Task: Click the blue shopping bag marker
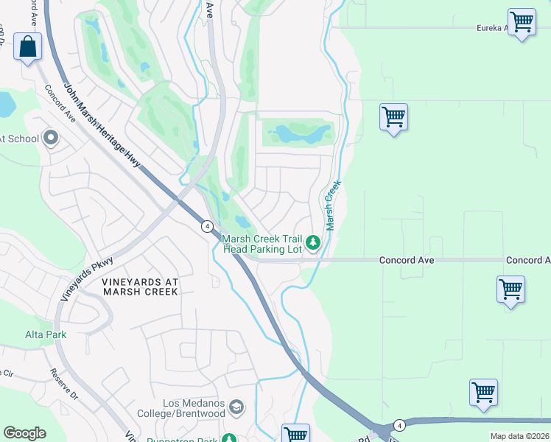click(27, 47)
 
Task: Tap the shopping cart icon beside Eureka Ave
click(522, 22)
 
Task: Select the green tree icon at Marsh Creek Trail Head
click(313, 242)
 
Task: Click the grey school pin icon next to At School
click(51, 138)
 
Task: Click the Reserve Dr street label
click(64, 384)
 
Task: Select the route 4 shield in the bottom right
click(399, 425)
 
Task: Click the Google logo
click(24, 433)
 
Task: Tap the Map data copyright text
click(519, 436)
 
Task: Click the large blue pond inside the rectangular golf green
click(298, 134)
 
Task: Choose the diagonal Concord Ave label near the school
click(61, 102)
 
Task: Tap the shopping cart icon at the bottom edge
click(295, 433)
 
